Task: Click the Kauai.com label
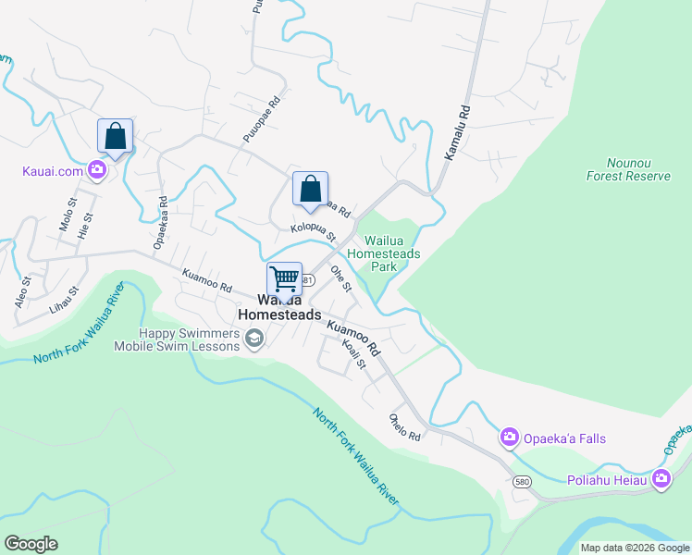tap(52, 171)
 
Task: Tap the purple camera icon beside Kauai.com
tap(96, 170)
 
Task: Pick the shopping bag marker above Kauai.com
tap(116, 136)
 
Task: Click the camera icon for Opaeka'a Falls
tap(509, 438)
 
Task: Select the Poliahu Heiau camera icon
tap(661, 478)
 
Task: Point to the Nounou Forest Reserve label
tap(627, 169)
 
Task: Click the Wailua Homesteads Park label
tap(384, 253)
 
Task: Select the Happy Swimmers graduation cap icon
tap(253, 340)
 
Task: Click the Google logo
tap(31, 544)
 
